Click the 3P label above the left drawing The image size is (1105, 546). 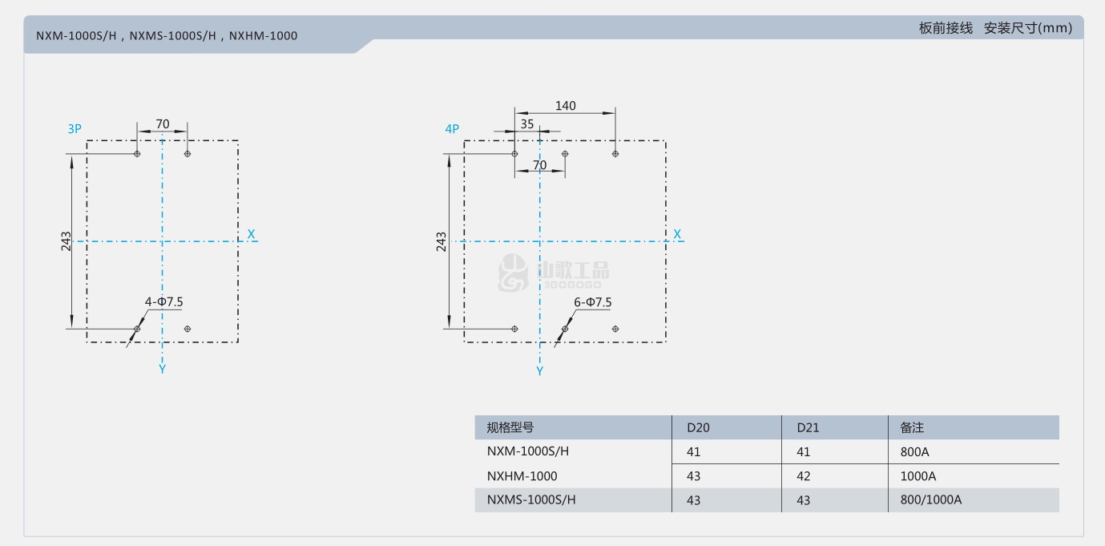point(75,129)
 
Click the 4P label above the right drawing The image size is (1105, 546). point(452,129)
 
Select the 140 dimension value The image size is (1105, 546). point(566,106)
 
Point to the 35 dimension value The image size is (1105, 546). point(526,124)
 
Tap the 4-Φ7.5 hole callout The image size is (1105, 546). point(163,301)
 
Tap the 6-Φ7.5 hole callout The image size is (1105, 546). point(592,302)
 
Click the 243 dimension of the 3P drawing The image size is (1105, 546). point(66,241)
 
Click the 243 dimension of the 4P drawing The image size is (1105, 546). point(441,241)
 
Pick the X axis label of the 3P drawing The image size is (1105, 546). point(251,234)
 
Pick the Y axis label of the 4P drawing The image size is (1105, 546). point(539,370)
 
